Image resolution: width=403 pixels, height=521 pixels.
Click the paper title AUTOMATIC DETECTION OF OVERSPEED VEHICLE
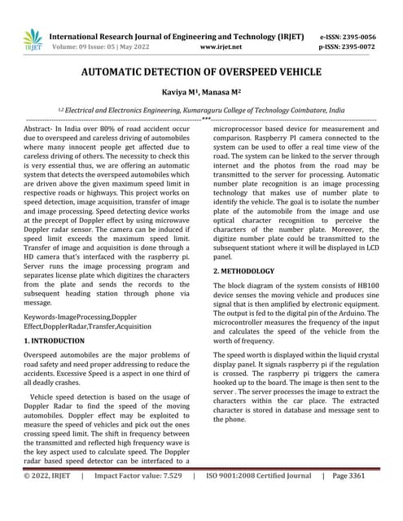pos(201,72)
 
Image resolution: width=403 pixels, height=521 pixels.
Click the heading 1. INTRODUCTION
pos(54,340)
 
